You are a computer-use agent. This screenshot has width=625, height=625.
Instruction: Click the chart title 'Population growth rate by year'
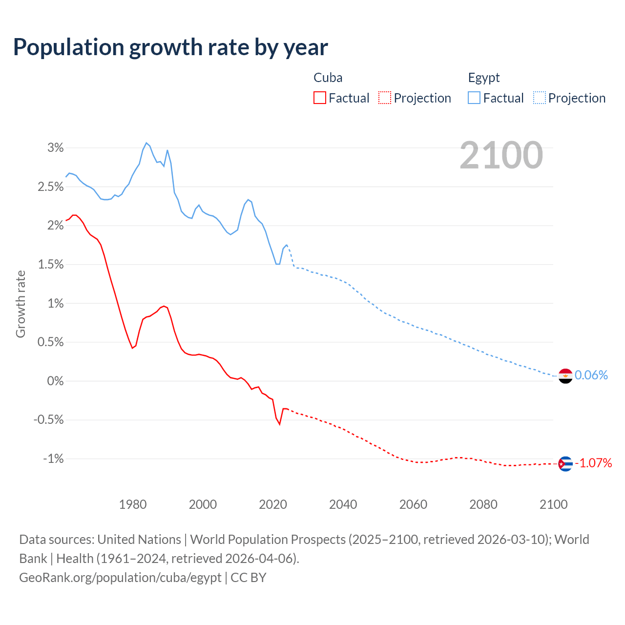coord(170,47)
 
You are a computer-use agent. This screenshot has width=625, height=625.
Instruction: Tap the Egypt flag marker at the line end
coord(565,375)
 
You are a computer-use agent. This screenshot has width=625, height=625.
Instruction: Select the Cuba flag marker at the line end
coord(565,463)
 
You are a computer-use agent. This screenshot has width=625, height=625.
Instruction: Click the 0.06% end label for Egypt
coord(591,375)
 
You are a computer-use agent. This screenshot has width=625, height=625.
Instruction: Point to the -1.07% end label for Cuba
coord(593,463)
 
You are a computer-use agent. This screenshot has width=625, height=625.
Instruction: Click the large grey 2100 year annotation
coord(501,155)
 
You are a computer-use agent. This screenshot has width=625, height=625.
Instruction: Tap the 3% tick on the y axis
coord(55,147)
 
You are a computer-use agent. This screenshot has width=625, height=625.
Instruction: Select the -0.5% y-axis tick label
coord(48,420)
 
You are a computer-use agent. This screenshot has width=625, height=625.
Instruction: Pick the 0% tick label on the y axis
coord(55,381)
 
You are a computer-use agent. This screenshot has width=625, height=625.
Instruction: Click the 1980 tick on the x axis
coord(133,504)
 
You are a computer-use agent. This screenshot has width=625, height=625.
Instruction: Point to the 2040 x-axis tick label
coord(343,504)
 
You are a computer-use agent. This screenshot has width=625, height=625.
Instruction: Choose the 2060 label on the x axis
coord(413,504)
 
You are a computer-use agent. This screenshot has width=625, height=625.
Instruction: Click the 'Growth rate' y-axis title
coord(21,304)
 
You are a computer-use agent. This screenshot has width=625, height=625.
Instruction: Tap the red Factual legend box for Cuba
coord(319,98)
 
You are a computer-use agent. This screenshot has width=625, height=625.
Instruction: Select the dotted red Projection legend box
coord(385,98)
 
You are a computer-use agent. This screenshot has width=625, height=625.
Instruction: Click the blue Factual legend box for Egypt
coord(474,98)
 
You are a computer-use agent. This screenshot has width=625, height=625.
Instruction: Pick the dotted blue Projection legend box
coord(539,98)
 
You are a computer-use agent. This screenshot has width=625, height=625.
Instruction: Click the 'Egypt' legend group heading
coord(484,78)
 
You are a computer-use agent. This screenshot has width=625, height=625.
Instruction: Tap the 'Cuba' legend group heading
coord(328,78)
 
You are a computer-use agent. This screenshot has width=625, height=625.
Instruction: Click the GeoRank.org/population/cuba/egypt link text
coord(120,578)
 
